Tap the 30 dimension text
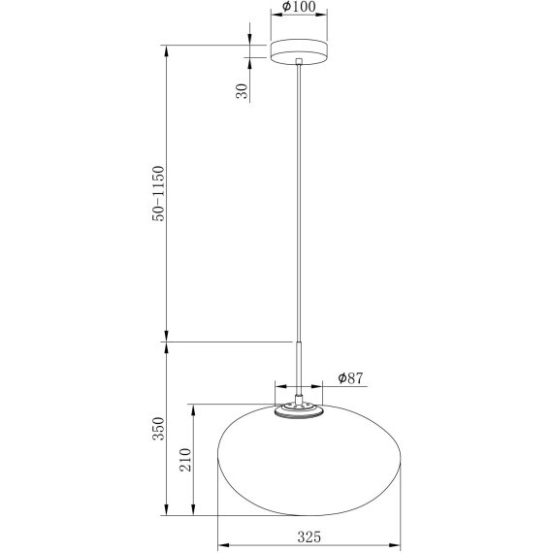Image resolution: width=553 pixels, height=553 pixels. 243,91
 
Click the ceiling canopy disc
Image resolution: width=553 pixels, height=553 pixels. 300,51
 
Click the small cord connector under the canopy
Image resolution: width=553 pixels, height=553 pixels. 300,65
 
